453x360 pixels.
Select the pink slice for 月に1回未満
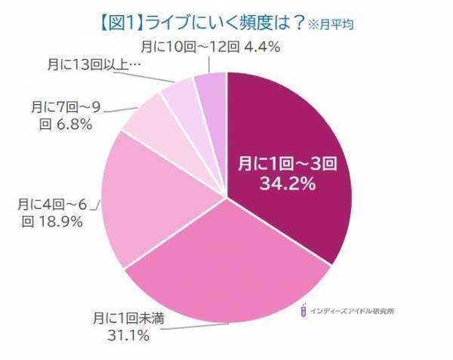tap(226, 272)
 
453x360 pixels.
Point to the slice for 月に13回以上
tap(179, 99)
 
